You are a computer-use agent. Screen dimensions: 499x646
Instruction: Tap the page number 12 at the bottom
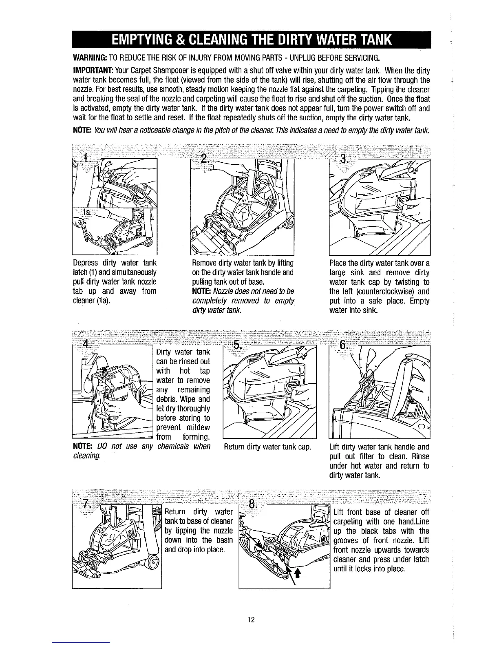point(251,620)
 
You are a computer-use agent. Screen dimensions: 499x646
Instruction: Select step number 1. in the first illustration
point(86,158)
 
